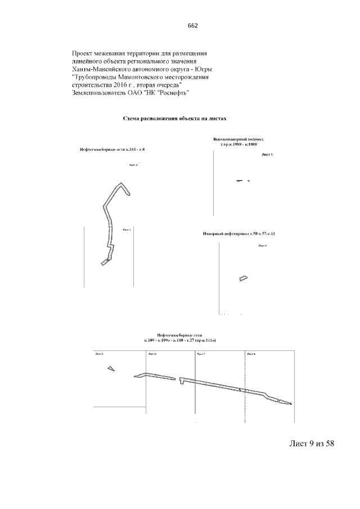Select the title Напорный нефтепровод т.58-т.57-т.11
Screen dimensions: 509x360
point(238,233)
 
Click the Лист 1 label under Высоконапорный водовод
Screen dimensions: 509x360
point(267,154)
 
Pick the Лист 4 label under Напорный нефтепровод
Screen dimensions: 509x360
point(262,246)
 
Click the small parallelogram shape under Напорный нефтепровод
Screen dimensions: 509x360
point(243,278)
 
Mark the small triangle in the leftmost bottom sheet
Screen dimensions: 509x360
point(111,368)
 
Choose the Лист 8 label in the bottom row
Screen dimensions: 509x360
point(251,354)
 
